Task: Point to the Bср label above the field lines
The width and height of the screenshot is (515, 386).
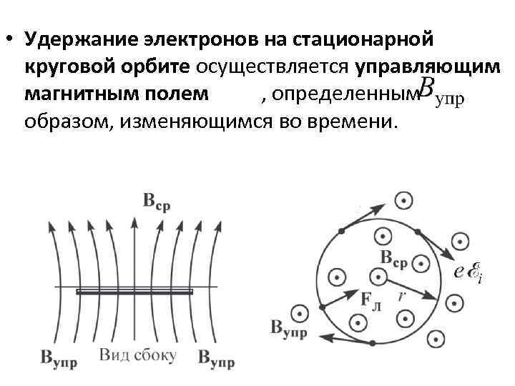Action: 156,202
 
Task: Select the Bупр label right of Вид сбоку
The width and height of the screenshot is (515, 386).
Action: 217,358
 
